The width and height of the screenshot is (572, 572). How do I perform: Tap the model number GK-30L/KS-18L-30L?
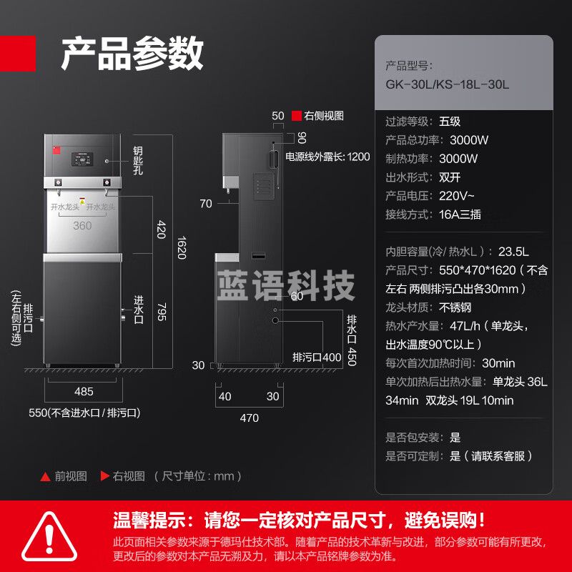(447, 84)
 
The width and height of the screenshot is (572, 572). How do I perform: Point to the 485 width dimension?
(84, 391)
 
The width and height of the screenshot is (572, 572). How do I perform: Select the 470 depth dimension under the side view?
(248, 418)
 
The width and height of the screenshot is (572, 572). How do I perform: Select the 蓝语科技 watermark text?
(285, 285)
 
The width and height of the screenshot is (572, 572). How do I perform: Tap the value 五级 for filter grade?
(450, 122)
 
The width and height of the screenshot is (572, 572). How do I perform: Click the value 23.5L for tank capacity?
(513, 252)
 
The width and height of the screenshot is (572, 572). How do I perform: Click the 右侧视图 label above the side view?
(324, 115)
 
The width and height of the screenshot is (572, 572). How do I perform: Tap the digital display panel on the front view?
(81, 162)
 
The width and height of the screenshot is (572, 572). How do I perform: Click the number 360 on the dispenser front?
(82, 225)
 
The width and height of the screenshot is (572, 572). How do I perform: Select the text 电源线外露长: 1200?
(327, 157)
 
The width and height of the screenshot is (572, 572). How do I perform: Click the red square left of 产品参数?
(17, 54)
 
